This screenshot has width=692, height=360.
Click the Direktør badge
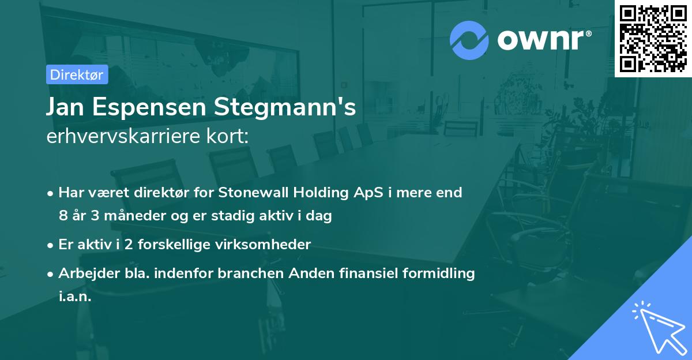[77, 74]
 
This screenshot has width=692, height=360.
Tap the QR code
[653, 39]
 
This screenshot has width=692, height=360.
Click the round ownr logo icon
[469, 40]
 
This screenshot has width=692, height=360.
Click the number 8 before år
[62, 216]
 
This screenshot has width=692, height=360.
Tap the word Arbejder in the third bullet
[85, 273]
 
